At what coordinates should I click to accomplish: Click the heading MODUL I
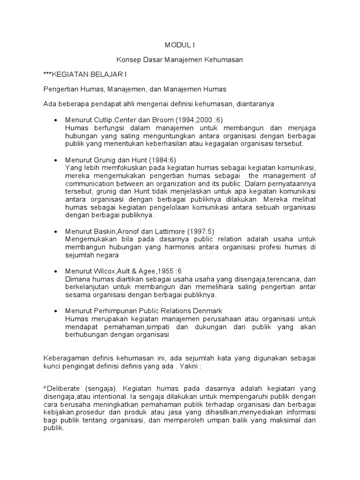click(180, 45)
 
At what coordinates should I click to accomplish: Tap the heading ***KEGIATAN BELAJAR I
click(85, 74)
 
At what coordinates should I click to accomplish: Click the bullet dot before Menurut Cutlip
click(56, 120)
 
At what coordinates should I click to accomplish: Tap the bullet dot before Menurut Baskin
click(56, 232)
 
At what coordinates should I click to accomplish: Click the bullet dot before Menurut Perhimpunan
click(56, 311)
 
